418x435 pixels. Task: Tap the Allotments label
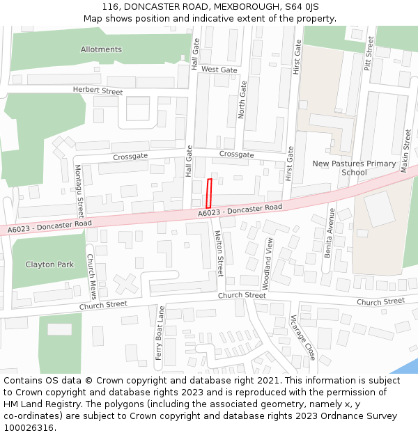coord(101,49)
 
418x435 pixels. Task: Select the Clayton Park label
coord(49,264)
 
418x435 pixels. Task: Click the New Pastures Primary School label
coord(354,168)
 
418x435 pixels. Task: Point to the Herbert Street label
coord(98,91)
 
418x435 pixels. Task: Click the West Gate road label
coord(219,70)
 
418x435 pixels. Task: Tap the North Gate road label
coord(242,99)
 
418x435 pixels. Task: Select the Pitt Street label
coord(369,53)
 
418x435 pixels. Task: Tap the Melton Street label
coord(219,254)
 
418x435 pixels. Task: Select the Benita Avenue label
coord(330,232)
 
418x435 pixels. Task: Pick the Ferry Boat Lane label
coord(161,337)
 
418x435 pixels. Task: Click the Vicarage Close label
coord(304,338)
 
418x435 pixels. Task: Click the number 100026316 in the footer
coord(30,427)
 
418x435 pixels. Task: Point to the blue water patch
coord(408,366)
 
